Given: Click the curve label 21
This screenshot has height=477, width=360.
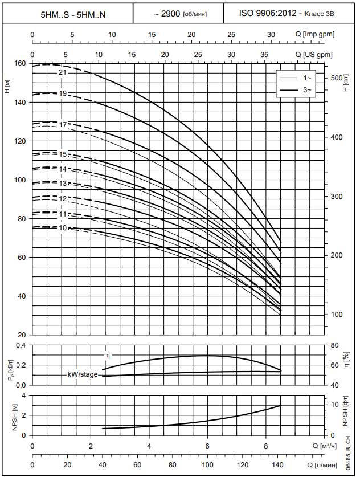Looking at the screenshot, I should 63,72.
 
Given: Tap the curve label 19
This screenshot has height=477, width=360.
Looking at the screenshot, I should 63,93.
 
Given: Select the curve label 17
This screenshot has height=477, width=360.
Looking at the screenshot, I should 63,124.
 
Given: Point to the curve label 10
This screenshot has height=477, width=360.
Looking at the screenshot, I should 63,228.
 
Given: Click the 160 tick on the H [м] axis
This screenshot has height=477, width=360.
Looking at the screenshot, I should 20,63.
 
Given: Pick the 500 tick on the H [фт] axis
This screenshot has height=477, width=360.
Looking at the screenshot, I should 336,78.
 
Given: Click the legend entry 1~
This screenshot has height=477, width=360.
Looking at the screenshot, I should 308,77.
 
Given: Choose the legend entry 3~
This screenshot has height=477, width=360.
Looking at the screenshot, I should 308,90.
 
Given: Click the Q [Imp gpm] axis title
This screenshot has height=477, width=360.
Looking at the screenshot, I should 310,35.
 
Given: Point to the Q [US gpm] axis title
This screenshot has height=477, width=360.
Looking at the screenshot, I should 310,54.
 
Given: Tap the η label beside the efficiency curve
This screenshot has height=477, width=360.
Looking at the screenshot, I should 107,356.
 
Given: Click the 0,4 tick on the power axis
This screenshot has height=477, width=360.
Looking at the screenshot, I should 21,345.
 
